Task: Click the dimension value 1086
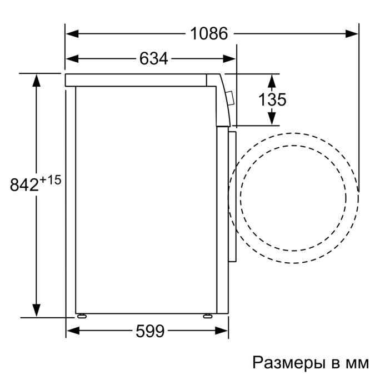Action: [x=209, y=34]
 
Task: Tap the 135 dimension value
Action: [x=272, y=100]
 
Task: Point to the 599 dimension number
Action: [x=150, y=332]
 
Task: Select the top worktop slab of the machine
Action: [x=136, y=80]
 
